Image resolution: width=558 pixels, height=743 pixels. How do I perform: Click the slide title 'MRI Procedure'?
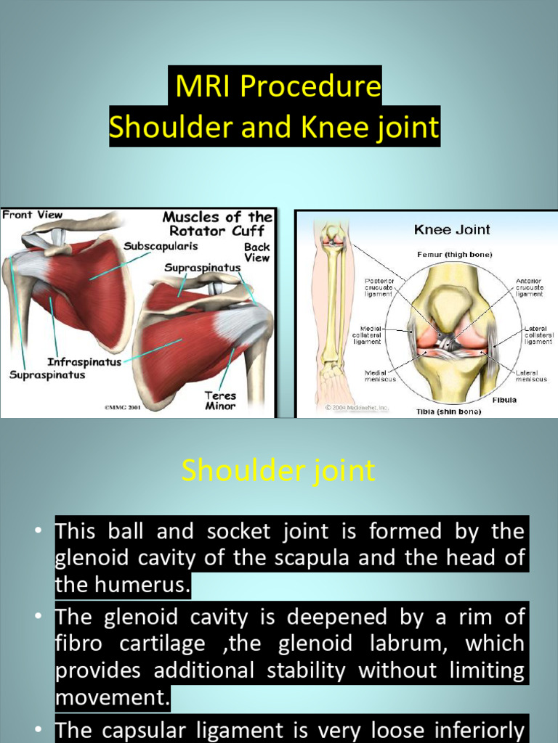pos(278,87)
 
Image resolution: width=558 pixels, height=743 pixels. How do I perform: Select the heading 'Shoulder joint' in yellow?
pos(278,471)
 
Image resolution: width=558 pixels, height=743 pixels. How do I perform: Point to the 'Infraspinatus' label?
pos(84,361)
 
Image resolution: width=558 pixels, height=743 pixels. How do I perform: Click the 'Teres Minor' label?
pos(219,401)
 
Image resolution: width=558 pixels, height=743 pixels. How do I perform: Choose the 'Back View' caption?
pos(256,252)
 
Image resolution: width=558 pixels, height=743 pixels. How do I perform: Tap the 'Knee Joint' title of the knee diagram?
pos(452,230)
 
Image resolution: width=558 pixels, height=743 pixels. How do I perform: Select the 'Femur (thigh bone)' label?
pos(454,255)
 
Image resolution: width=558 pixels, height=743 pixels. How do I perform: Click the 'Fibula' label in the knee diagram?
pos(504,400)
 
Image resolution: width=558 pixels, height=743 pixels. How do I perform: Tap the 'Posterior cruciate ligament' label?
pos(378,287)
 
